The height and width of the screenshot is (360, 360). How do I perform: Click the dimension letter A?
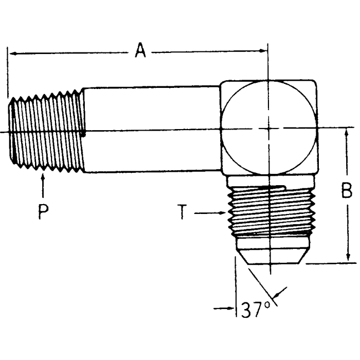[x=139, y=51]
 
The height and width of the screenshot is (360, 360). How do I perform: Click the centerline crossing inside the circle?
[x=267, y=128]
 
